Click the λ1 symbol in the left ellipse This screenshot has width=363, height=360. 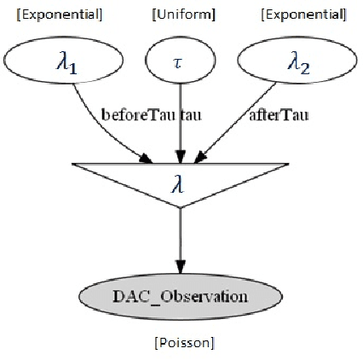(60, 64)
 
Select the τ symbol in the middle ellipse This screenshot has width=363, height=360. (180, 63)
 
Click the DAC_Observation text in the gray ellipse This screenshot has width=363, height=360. (180, 297)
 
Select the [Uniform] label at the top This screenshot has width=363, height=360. (183, 15)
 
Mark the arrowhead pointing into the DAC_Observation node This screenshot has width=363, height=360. (180, 266)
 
